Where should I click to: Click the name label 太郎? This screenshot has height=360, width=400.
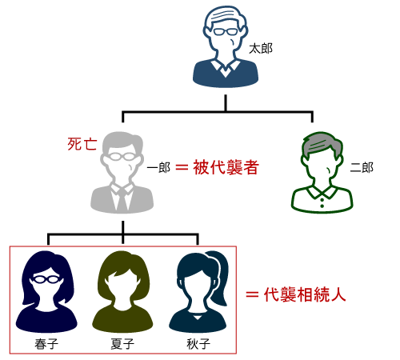pyautogui.click(x=261, y=49)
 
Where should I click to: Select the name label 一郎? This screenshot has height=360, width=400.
pyautogui.click(x=158, y=168)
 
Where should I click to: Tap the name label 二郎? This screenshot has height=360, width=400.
pyautogui.click(x=362, y=168)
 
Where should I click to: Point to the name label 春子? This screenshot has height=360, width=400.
pyautogui.click(x=46, y=344)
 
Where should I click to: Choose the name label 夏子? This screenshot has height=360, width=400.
pyautogui.click(x=122, y=344)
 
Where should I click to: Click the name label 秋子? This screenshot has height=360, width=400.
pyautogui.click(x=198, y=344)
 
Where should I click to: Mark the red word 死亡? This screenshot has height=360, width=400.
pyautogui.click(x=82, y=144)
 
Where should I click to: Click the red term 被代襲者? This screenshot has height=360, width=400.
pyautogui.click(x=226, y=167)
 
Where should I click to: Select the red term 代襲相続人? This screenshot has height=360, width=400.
pyautogui.click(x=305, y=294)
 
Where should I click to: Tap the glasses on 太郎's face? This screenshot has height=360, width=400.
pyautogui.click(x=226, y=32)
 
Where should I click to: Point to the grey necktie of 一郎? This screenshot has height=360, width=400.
pyautogui.click(x=122, y=200)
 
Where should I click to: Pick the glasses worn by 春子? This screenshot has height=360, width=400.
pyautogui.click(x=46, y=279)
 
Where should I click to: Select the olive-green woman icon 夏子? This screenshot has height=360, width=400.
pyautogui.click(x=122, y=291)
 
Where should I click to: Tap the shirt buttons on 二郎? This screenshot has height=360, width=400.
pyautogui.click(x=322, y=202)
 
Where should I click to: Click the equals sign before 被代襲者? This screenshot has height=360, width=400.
pyautogui.click(x=182, y=168)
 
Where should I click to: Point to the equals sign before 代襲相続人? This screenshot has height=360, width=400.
pyautogui.click(x=252, y=295)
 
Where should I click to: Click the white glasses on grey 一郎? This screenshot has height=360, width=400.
pyautogui.click(x=122, y=157)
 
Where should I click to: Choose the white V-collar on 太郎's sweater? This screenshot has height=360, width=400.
pyautogui.click(x=226, y=68)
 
